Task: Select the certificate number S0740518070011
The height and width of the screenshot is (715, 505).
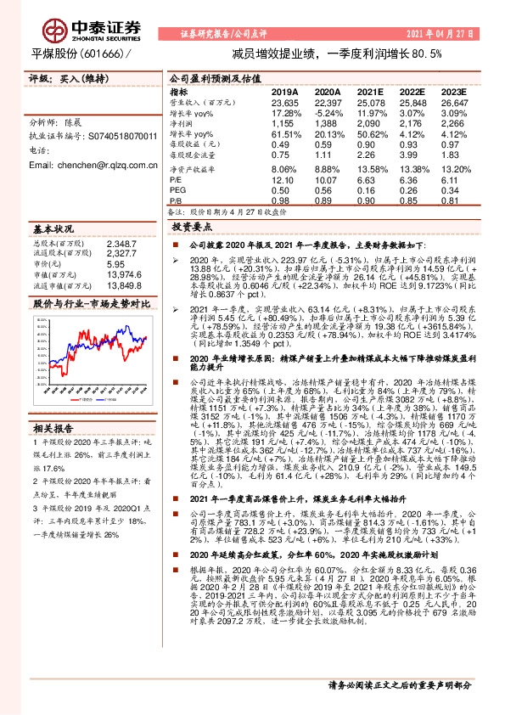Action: tap(122, 136)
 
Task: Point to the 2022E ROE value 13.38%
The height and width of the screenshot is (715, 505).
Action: tap(413, 170)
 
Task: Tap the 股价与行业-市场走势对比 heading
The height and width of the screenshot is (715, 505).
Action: tap(80, 303)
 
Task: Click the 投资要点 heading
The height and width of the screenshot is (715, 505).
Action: tap(191, 228)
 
